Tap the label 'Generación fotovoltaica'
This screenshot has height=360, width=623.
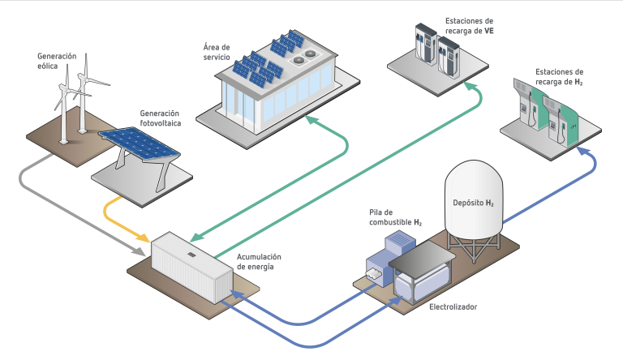coord(160,118)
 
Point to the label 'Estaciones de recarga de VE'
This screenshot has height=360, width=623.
coord(468,25)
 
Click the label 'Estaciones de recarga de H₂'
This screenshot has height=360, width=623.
coord(559,77)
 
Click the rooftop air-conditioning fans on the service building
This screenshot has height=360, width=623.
coord(306,55)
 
